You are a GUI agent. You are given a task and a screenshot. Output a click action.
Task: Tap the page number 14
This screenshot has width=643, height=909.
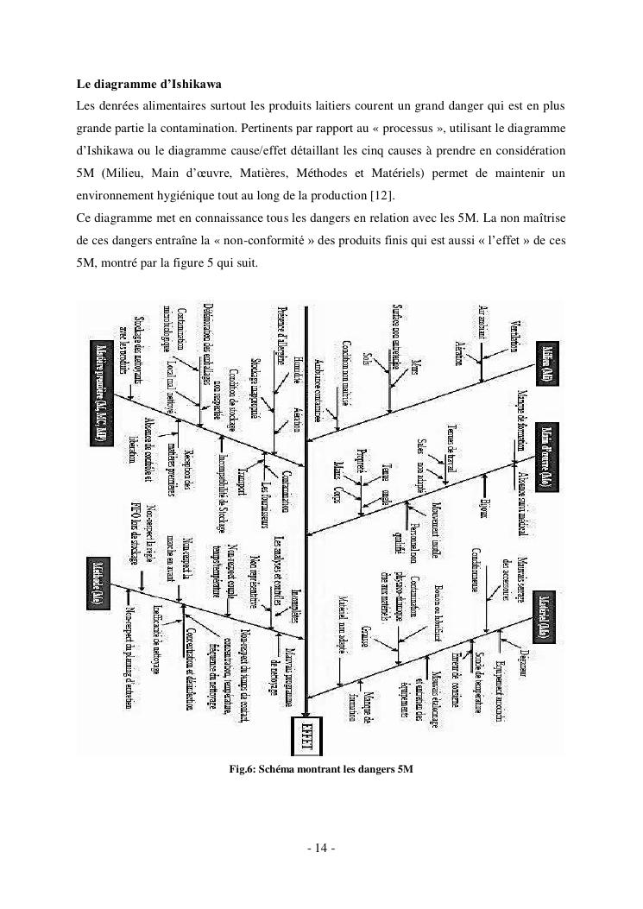click(321, 848)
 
